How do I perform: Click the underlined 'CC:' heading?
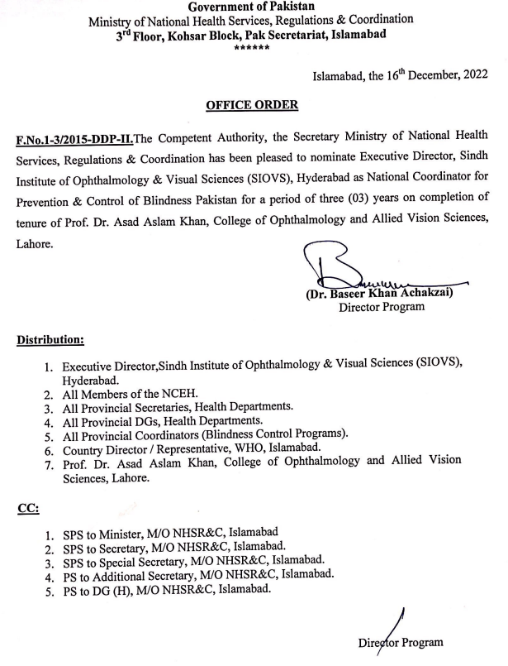(x=27, y=509)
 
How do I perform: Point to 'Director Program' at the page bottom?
(x=401, y=642)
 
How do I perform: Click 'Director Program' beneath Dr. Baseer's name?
(x=382, y=306)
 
